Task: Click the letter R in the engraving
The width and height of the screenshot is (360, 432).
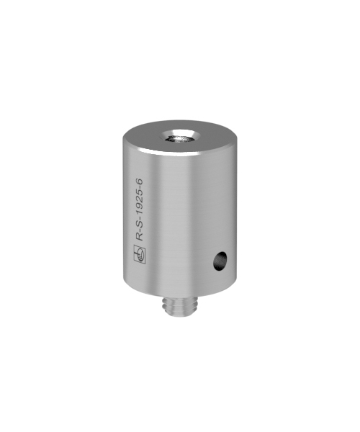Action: [140, 238]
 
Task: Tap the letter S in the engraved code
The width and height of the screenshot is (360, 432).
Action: [140, 225]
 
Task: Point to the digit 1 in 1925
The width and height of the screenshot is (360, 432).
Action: [140, 214]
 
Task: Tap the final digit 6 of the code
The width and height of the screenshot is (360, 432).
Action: [140, 182]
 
